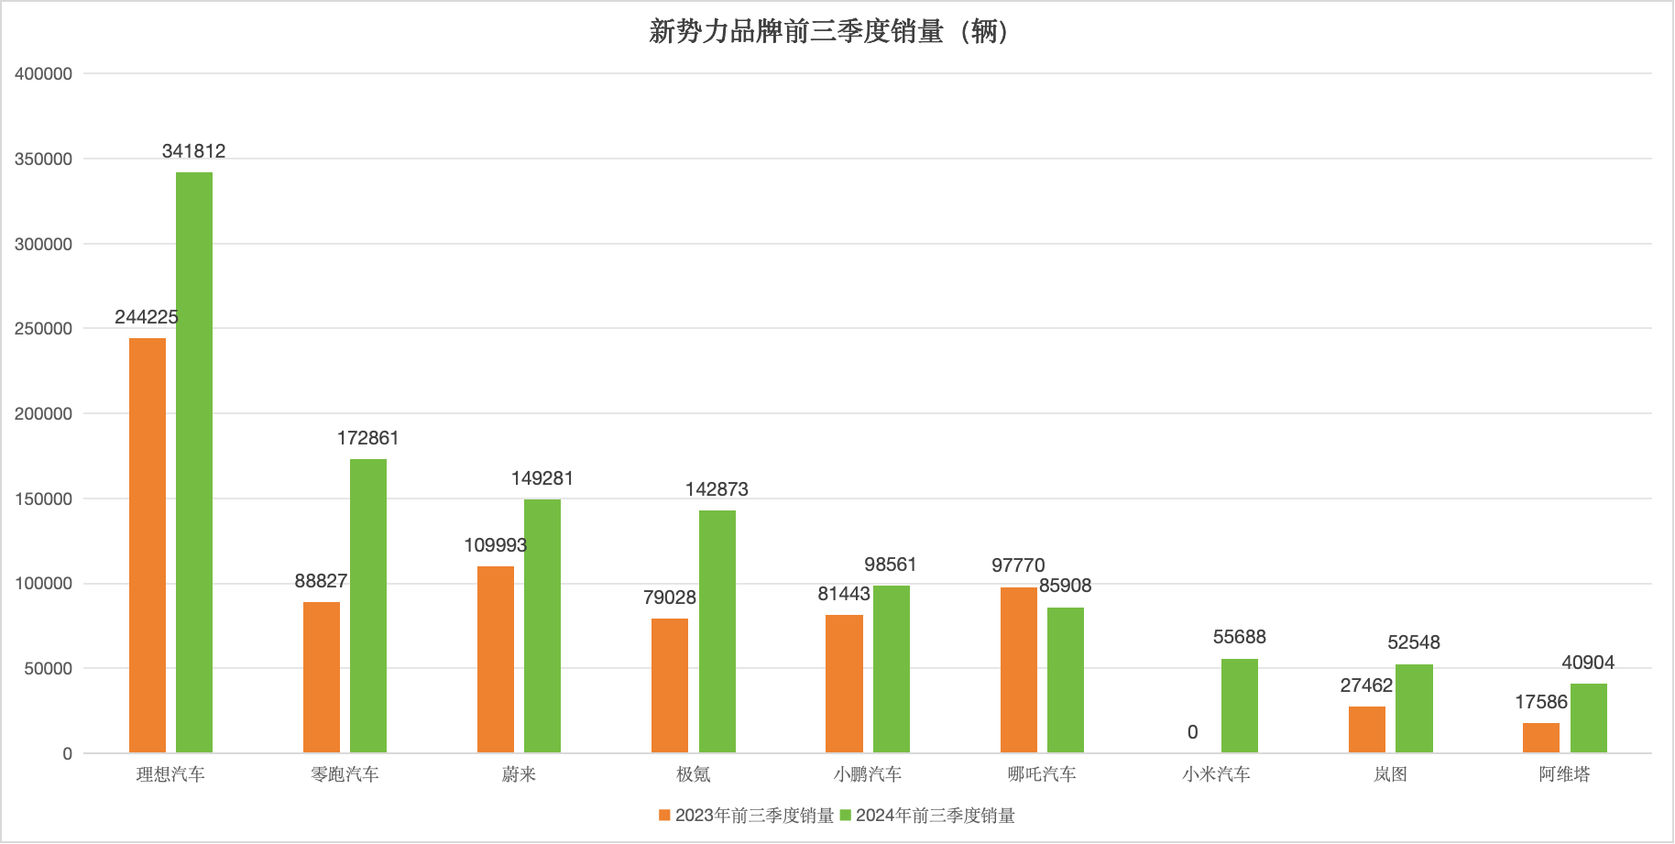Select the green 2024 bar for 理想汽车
point(194,462)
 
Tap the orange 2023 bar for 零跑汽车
point(322,677)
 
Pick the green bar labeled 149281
point(542,626)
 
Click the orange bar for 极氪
point(670,685)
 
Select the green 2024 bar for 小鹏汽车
point(892,669)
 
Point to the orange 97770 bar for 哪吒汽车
point(1018,670)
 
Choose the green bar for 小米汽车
point(1240,706)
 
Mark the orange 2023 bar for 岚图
point(1367,729)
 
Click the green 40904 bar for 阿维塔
point(1589,718)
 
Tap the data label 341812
point(193,151)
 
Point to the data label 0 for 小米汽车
point(1192,732)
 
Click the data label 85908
point(1065,586)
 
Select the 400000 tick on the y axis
point(43,74)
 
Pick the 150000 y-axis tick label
point(43,499)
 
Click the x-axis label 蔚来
point(519,774)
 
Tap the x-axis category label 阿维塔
point(1564,774)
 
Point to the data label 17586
point(1541,702)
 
